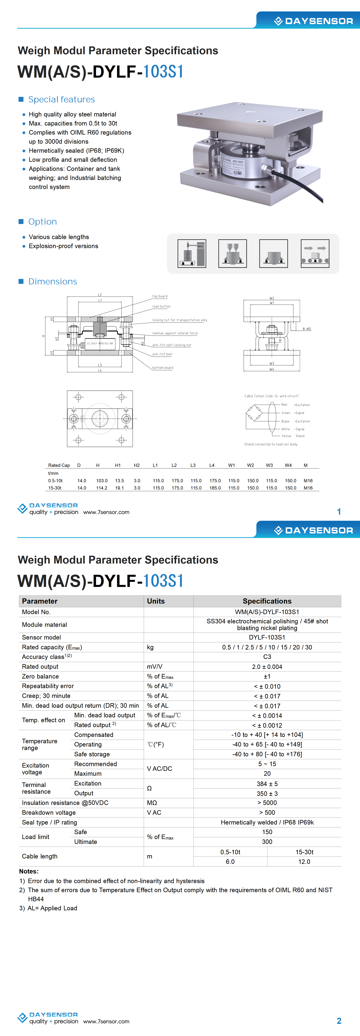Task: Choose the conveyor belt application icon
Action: (x=315, y=253)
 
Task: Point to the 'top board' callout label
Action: (x=160, y=296)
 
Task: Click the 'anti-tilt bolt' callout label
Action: (x=162, y=354)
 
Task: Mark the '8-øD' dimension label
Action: (x=306, y=329)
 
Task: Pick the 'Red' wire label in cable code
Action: (x=284, y=405)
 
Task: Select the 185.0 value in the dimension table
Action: (x=215, y=488)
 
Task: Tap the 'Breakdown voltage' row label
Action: (x=49, y=812)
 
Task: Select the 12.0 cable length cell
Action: (x=304, y=862)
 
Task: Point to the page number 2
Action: (x=339, y=1021)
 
